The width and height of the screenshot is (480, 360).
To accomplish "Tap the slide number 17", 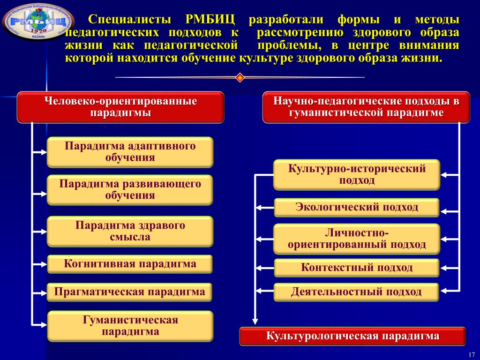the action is (x=472, y=353).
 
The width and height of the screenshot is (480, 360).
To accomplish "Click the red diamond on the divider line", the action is (x=240, y=77).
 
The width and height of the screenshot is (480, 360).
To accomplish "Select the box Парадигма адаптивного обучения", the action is (x=130, y=152).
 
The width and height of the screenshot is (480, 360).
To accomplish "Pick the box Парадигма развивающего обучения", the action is (x=130, y=190).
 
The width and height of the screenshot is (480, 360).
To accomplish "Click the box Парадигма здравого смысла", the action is (x=130, y=231).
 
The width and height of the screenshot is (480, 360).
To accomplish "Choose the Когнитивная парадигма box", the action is (x=130, y=264).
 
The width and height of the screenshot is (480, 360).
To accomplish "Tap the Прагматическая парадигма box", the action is (x=130, y=292).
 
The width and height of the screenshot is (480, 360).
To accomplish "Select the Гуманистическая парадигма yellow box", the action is (x=130, y=326).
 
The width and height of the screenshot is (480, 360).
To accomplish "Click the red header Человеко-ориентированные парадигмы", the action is (x=121, y=107).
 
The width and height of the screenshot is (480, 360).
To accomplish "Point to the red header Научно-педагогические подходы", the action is (x=366, y=107).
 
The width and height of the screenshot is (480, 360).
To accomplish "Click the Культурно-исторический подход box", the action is (x=357, y=175).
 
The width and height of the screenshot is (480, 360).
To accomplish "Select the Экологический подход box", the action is (x=357, y=207).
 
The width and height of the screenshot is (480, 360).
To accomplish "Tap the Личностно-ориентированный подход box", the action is (x=357, y=239).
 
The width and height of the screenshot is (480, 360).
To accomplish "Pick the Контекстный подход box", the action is (x=357, y=268).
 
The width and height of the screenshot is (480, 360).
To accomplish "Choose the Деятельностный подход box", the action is (x=357, y=292).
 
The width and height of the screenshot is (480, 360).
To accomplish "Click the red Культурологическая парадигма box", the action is (x=353, y=337).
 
